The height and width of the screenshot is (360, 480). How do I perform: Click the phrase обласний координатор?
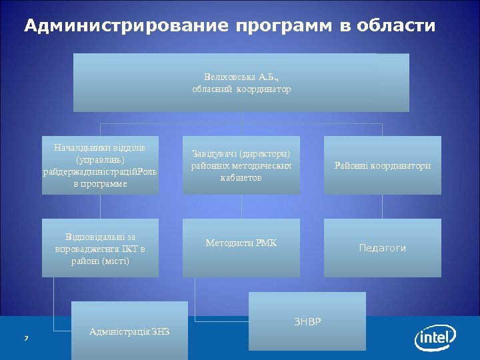[241, 89]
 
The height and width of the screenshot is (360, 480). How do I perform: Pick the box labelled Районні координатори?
[382, 165]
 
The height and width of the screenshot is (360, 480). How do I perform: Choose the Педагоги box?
[382, 248]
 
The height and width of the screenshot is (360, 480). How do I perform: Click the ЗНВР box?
[307, 321]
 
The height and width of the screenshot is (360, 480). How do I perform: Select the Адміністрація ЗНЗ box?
[129, 331]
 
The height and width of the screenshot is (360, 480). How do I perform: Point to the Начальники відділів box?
[100, 165]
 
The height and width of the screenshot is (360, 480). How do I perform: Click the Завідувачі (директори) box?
[241, 165]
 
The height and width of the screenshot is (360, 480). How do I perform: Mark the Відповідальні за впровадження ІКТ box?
[100, 248]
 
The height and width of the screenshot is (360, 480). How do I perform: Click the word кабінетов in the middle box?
[241, 178]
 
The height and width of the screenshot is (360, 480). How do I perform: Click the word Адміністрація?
[118, 331]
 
